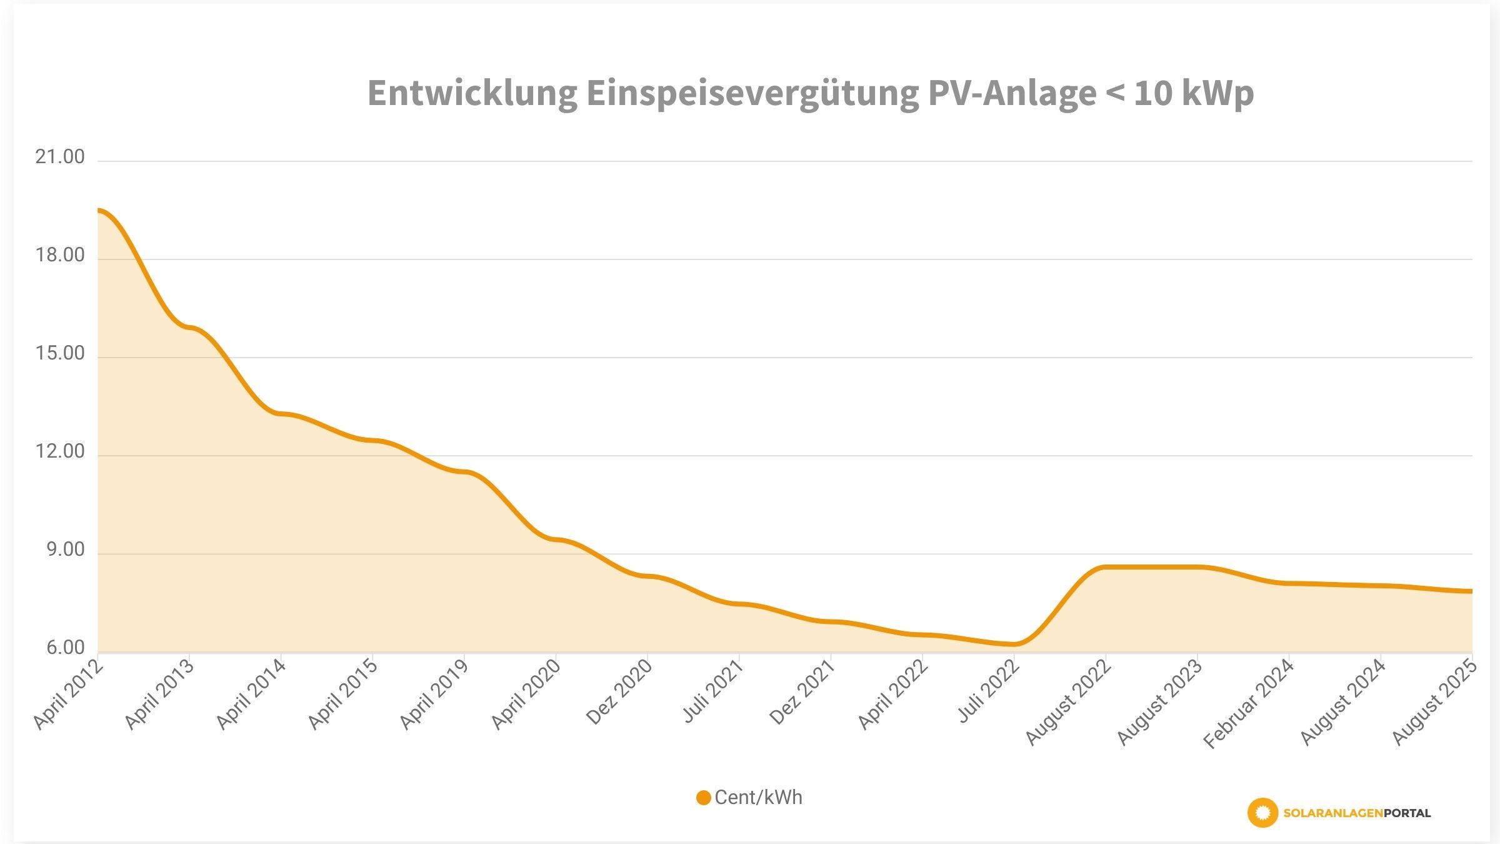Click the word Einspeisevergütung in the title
(752, 94)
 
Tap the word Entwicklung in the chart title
(472, 94)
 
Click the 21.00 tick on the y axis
(60, 157)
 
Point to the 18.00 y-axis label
(60, 255)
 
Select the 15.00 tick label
(60, 353)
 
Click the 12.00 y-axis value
(60, 451)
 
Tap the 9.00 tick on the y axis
(65, 550)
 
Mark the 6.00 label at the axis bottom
(65, 648)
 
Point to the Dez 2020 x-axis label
(619, 691)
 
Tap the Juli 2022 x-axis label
(988, 691)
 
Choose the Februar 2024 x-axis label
(1248, 703)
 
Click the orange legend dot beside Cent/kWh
(703, 798)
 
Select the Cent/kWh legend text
(758, 798)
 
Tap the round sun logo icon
(1262, 813)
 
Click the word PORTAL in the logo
(1407, 813)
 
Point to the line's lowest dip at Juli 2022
(1016, 644)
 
